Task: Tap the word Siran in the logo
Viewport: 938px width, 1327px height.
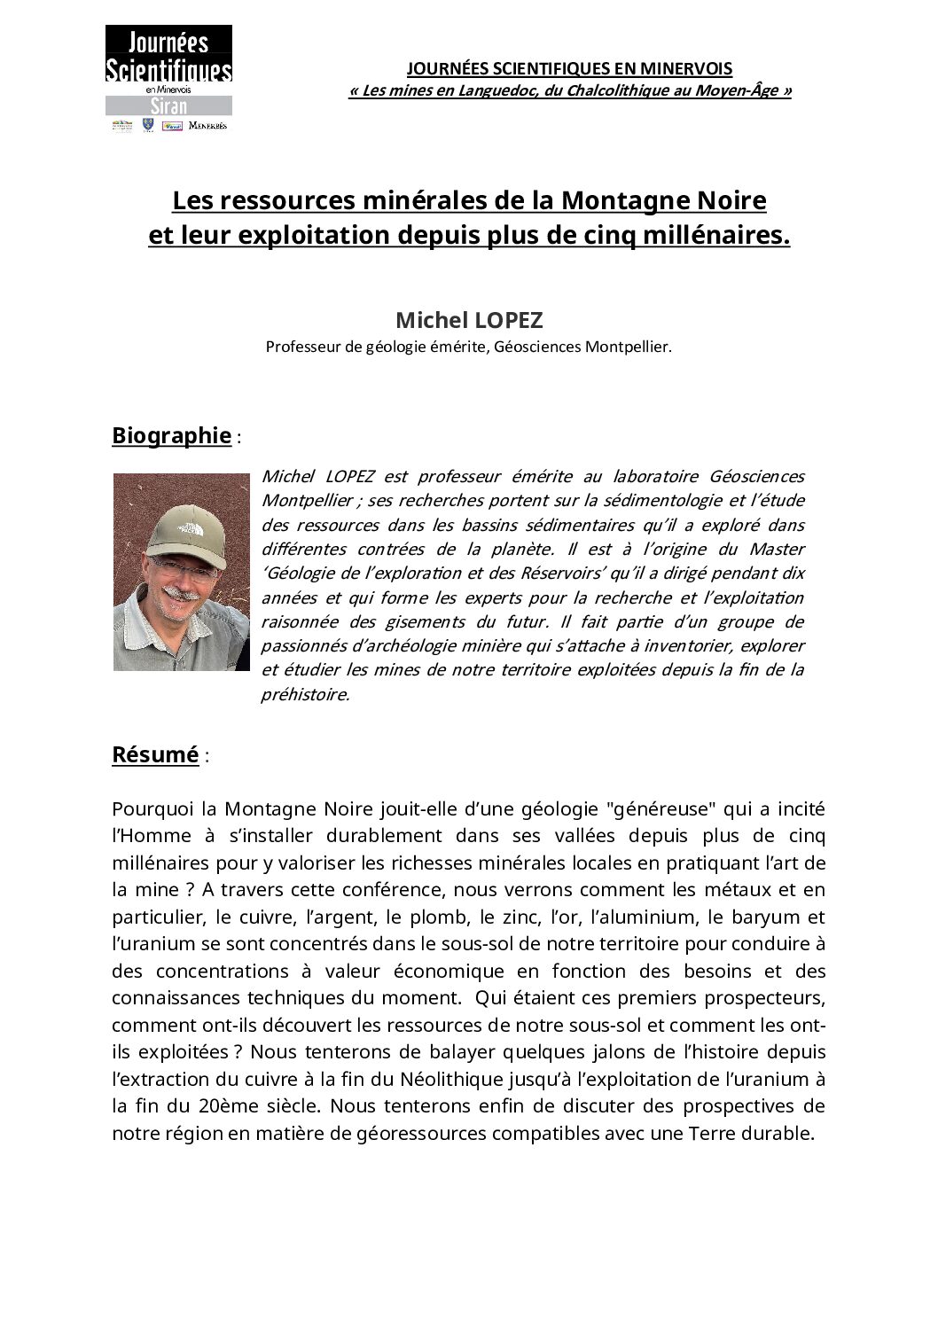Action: point(168,105)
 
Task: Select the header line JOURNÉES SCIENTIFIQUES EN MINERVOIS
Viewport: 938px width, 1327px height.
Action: point(569,68)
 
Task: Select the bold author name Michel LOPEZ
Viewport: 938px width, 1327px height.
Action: point(469,319)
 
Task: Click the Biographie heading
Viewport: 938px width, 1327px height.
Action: point(171,435)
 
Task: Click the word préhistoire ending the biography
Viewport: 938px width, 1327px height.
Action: point(305,695)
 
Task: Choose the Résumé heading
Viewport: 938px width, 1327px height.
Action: point(155,754)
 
